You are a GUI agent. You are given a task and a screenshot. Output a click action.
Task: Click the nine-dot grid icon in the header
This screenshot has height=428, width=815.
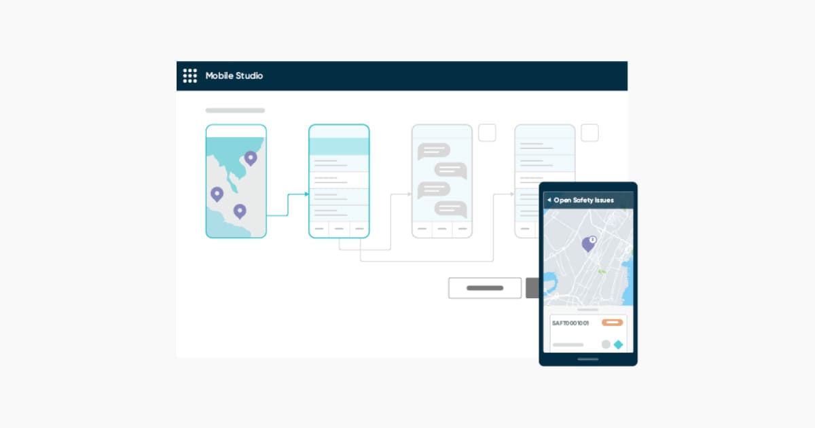(190, 76)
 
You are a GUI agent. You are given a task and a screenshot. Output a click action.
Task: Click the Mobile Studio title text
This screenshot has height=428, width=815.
(234, 76)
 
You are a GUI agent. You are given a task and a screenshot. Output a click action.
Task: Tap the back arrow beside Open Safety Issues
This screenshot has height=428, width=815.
(549, 200)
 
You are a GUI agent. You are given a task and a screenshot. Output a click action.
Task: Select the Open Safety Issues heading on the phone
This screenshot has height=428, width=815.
(584, 200)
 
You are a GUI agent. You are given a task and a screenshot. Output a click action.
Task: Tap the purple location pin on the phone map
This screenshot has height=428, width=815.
(588, 244)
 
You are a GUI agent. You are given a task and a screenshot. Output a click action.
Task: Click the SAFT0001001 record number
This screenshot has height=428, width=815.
(570, 323)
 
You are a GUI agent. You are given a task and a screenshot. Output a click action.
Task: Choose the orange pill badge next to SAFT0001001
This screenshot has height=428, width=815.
(612, 323)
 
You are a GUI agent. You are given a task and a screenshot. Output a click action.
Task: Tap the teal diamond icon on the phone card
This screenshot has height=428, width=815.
(618, 344)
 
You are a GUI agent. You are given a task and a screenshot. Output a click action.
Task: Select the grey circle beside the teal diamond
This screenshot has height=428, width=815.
(606, 344)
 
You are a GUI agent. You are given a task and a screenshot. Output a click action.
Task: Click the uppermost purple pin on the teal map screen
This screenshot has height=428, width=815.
(251, 158)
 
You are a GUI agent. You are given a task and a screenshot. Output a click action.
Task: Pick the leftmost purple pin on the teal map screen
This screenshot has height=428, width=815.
(217, 194)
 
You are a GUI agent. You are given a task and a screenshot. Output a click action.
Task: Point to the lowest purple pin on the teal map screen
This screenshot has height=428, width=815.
(239, 211)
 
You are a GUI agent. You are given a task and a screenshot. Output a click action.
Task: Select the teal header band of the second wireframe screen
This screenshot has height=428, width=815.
(339, 147)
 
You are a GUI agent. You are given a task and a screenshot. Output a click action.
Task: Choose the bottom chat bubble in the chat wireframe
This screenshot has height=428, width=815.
(450, 210)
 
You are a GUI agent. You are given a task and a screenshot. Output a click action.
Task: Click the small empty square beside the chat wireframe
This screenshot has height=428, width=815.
(487, 133)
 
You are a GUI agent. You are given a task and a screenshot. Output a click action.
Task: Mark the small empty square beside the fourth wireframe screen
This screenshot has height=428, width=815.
(590, 133)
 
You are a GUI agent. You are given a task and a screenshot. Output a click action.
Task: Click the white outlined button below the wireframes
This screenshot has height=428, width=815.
(485, 288)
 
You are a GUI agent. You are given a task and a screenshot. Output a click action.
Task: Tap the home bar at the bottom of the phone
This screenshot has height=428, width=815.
(587, 359)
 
